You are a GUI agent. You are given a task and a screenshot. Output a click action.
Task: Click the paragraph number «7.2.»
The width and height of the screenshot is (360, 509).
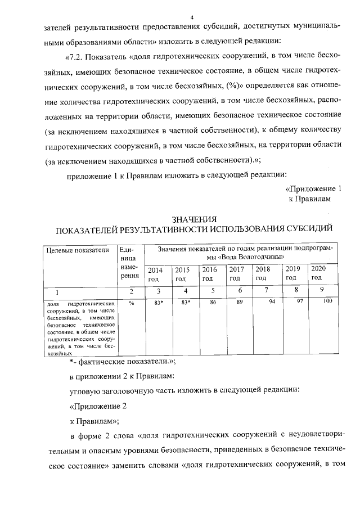78,57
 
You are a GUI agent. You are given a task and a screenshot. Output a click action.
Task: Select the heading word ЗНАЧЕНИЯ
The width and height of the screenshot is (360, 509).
192,219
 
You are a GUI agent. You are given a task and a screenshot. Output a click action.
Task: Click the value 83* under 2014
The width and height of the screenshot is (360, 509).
158,303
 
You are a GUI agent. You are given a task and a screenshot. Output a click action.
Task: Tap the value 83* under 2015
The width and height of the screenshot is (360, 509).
186,303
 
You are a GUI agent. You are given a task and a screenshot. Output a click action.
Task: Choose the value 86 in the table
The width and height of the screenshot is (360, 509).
213,303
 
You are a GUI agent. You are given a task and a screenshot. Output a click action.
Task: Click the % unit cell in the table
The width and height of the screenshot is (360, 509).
131,303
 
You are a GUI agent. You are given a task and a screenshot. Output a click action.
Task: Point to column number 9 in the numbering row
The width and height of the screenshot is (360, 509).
321,290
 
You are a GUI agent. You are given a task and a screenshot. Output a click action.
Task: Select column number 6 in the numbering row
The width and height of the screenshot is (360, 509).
240,291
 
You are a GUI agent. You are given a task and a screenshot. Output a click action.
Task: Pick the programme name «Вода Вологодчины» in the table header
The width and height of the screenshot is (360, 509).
242,257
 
